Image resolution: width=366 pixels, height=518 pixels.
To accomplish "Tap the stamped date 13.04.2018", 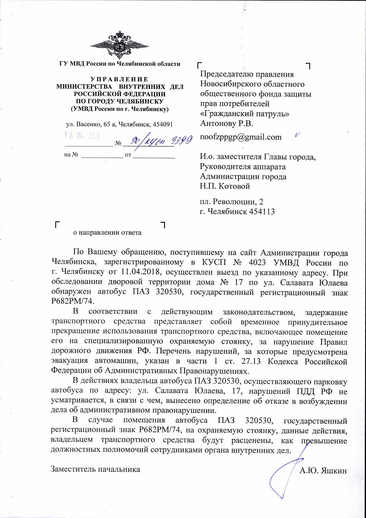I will click(82, 136).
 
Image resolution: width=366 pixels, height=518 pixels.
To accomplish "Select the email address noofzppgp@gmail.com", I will click(241, 137).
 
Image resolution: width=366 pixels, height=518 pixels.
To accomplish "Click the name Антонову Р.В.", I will click(227, 124).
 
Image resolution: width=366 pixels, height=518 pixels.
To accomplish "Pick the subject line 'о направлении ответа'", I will click(107, 233).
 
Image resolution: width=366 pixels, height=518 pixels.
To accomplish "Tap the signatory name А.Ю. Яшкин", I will click(323, 470).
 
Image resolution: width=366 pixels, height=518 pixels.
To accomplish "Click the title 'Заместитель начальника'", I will click(96, 469).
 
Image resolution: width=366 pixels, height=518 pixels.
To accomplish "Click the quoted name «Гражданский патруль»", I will click(244, 114).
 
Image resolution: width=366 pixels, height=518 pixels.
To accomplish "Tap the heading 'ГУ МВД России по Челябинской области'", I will click(120, 64).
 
